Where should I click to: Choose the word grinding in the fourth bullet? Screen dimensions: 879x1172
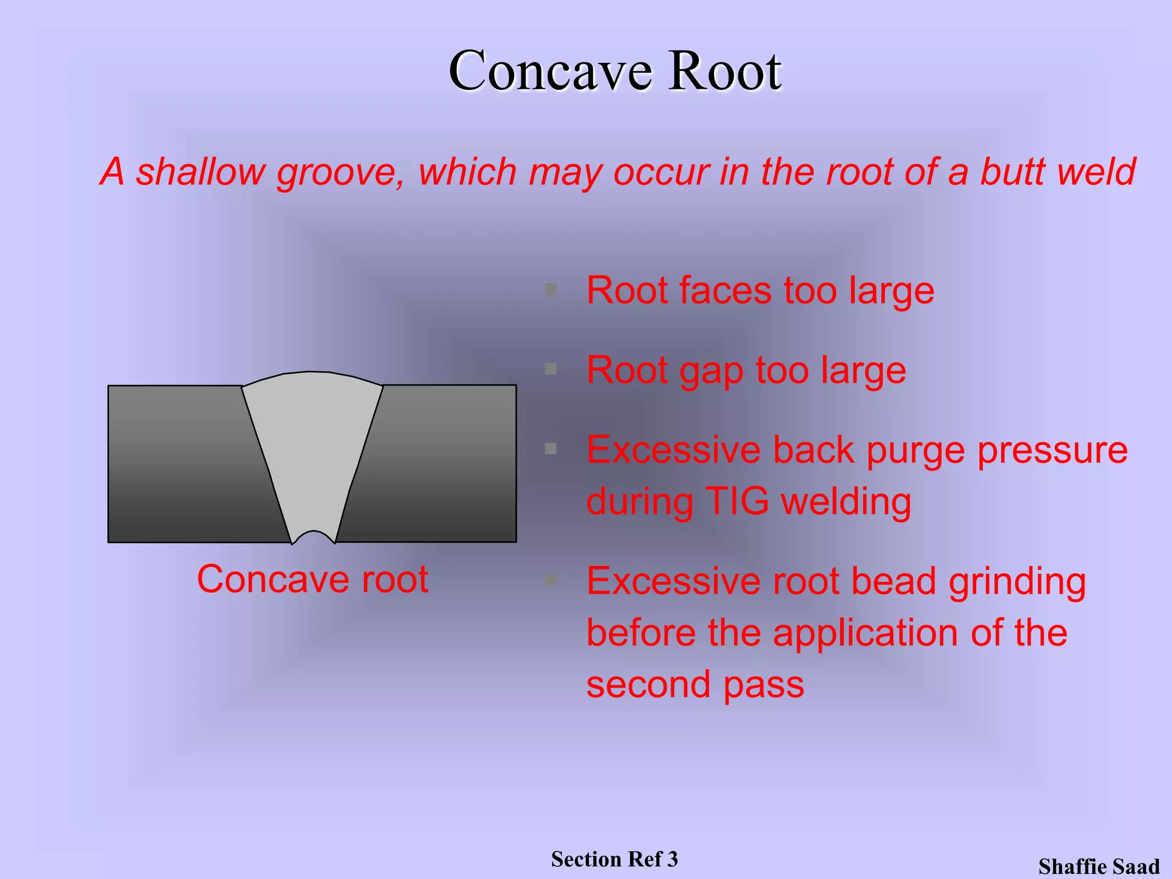(1017, 583)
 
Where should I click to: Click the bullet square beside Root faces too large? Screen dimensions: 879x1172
(551, 289)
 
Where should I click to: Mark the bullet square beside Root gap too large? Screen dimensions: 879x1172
(551, 369)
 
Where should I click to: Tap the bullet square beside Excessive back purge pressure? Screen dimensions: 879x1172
(551, 449)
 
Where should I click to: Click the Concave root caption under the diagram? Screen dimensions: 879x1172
(312, 579)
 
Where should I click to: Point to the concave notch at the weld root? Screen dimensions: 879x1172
(313, 537)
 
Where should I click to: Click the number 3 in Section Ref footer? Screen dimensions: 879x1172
(672, 859)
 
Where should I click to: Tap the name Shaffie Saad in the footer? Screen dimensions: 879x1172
(1099, 866)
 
